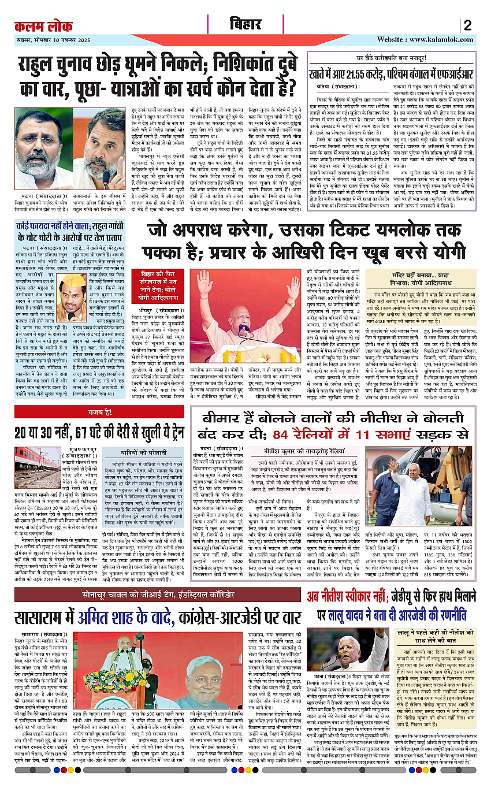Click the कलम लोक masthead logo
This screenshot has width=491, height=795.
(40, 25)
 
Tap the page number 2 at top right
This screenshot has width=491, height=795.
(467, 25)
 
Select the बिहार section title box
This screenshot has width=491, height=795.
(245, 25)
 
